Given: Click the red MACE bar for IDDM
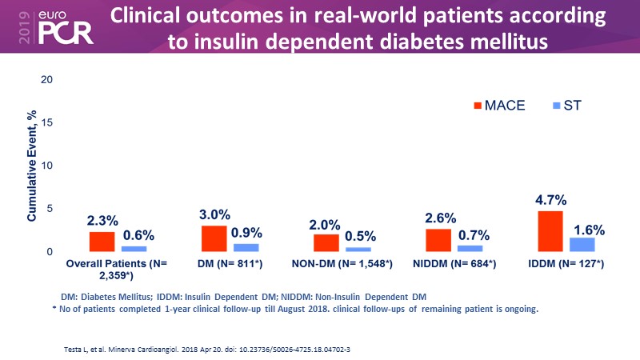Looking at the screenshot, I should click(550, 231).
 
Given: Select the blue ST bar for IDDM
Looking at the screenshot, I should click(582, 244).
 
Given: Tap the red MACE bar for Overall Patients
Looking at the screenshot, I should click(102, 242).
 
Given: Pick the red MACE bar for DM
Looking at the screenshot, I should click(214, 238).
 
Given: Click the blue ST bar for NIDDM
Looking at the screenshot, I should click(470, 248).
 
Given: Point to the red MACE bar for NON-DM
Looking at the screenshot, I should click(326, 242).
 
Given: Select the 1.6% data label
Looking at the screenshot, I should click(588, 229).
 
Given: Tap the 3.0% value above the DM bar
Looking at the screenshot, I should click(214, 215).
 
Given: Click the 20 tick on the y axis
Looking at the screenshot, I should click(46, 79).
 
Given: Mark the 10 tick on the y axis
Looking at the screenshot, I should click(46, 166).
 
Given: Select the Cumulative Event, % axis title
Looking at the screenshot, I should click(32, 166).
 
